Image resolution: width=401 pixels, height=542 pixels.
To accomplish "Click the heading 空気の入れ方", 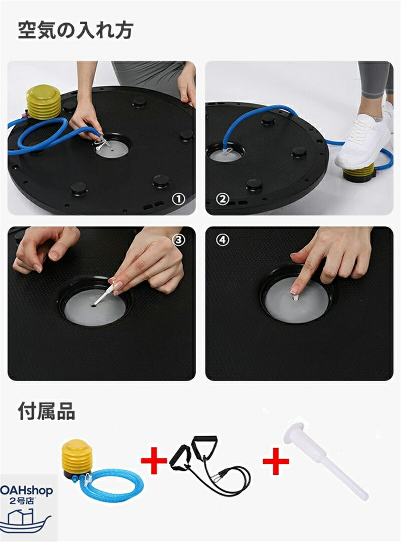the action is pyautogui.click(x=75, y=31).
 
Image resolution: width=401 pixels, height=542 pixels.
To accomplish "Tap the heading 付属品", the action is pyautogui.click(x=46, y=411).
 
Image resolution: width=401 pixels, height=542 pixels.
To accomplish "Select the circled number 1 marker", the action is pyautogui.click(x=179, y=199).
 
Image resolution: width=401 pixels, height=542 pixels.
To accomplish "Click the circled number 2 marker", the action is pyautogui.click(x=222, y=199).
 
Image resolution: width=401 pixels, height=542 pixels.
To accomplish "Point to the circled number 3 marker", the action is pyautogui.click(x=179, y=240).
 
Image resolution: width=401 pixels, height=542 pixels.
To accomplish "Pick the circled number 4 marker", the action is pyautogui.click(x=222, y=240).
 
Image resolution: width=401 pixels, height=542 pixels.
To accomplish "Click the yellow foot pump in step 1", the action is pyautogui.click(x=43, y=103).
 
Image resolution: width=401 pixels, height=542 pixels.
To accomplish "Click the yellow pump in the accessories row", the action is pyautogui.click(x=77, y=459).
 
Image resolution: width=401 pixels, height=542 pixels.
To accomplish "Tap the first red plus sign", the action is pyautogui.click(x=154, y=461).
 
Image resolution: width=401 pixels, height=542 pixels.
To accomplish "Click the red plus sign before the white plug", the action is pyautogui.click(x=276, y=461).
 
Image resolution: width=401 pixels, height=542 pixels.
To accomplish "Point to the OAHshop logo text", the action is pyautogui.click(x=26, y=491).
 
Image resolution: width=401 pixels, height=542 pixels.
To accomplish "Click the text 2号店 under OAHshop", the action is pyautogui.click(x=22, y=501).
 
